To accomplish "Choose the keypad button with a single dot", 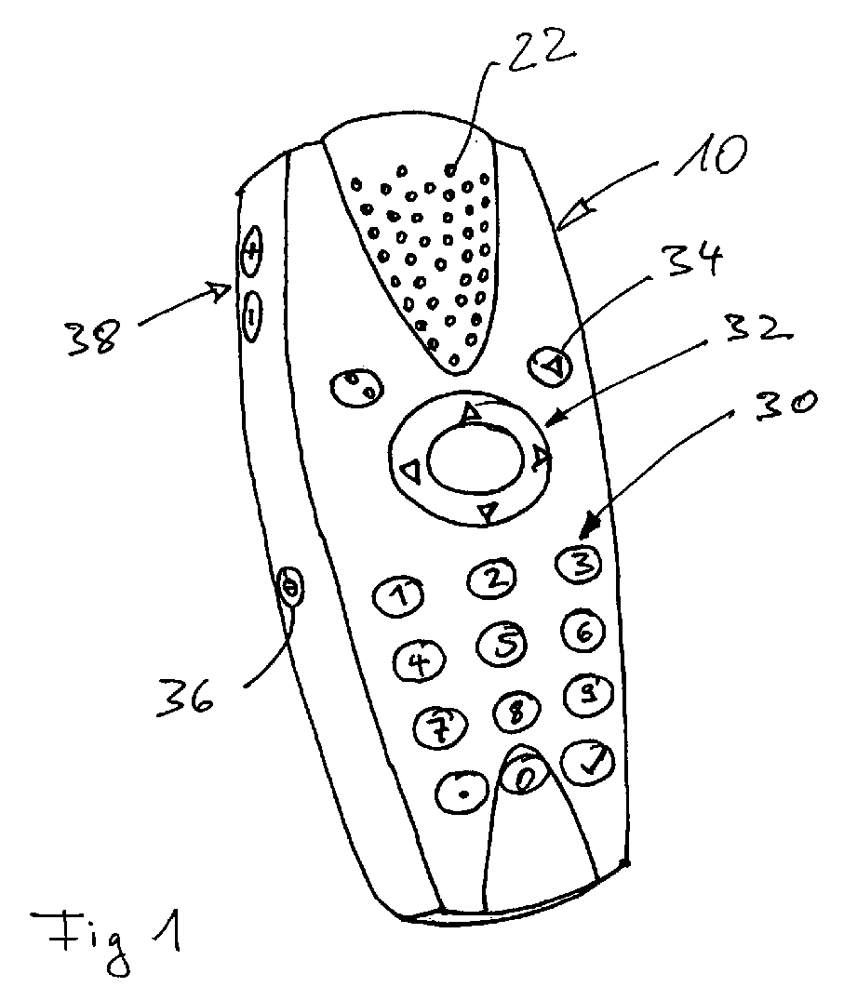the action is coord(462,792).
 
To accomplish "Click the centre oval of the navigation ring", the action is coord(475,459).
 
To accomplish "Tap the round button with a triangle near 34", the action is coord(552,365).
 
